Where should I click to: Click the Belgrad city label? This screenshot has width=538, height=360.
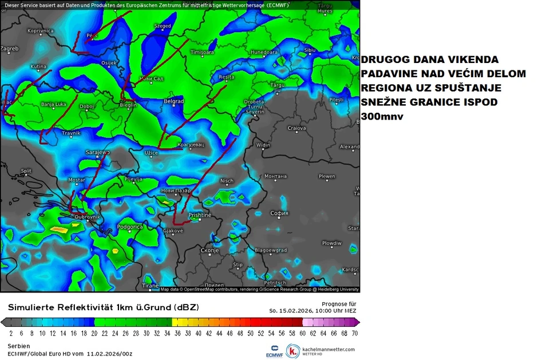[x=173, y=101]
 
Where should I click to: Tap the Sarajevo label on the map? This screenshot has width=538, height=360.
[x=97, y=153]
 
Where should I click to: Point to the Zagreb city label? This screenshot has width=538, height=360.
[x=10, y=49]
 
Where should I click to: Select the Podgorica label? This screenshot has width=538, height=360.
[x=130, y=227]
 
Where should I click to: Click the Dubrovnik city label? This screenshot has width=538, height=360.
[x=88, y=217]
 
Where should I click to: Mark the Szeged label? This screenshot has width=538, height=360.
[x=163, y=26]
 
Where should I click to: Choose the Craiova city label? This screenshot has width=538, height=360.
[x=296, y=128]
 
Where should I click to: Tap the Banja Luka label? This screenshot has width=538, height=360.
[x=54, y=104]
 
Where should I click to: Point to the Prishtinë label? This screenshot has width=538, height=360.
[x=200, y=215]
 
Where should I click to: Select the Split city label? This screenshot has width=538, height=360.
[x=26, y=171]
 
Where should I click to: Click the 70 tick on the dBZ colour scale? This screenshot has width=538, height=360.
[x=354, y=333]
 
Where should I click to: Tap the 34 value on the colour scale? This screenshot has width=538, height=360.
[x=167, y=333]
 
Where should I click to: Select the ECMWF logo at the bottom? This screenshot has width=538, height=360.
[x=274, y=350]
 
